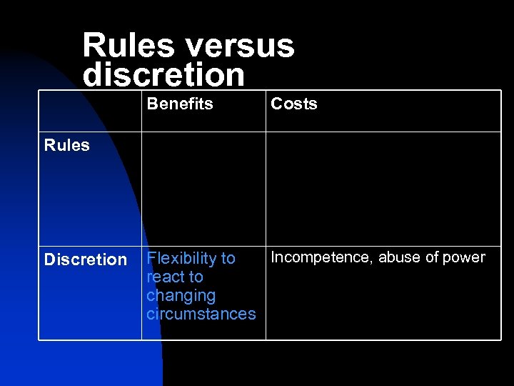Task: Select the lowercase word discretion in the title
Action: pyautogui.click(x=163, y=74)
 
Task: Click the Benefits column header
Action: pyautogui.click(x=180, y=104)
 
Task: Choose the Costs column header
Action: pyautogui.click(x=293, y=104)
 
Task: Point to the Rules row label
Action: pyautogui.click(x=67, y=145)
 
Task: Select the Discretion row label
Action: pyautogui.click(x=86, y=259)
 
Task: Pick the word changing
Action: pyautogui.click(x=181, y=295)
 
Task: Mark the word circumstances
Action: pyautogui.click(x=201, y=314)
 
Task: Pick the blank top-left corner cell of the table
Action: pyautogui.click(x=90, y=111)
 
